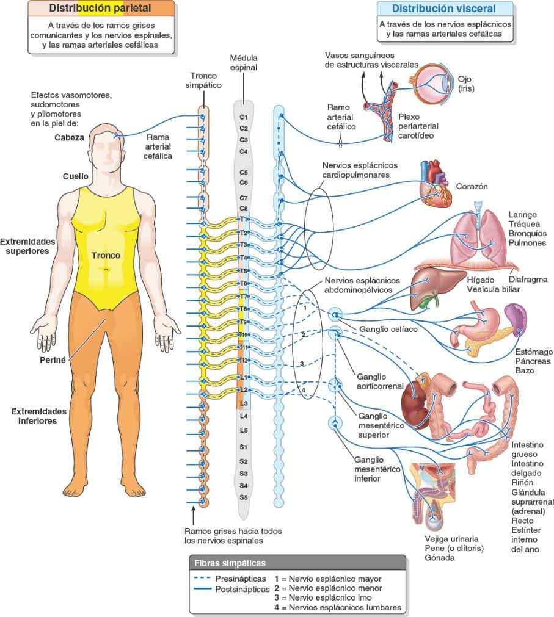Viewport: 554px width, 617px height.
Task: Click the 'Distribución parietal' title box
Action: [101, 9]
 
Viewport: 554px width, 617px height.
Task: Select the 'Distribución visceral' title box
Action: [443, 9]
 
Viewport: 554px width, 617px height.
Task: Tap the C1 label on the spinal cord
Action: [243, 117]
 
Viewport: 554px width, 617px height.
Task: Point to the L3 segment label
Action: [243, 403]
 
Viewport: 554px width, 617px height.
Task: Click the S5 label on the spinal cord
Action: [243, 497]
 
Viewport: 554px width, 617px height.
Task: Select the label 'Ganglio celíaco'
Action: [382, 330]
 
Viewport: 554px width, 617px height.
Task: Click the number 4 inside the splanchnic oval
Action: [302, 389]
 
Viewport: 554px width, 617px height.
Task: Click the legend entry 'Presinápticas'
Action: [241, 577]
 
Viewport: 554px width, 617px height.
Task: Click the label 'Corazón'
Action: [472, 186]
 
